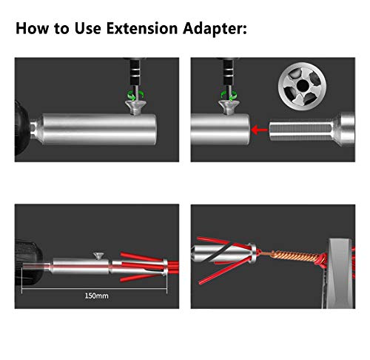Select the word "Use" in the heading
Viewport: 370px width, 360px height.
(x=79, y=30)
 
